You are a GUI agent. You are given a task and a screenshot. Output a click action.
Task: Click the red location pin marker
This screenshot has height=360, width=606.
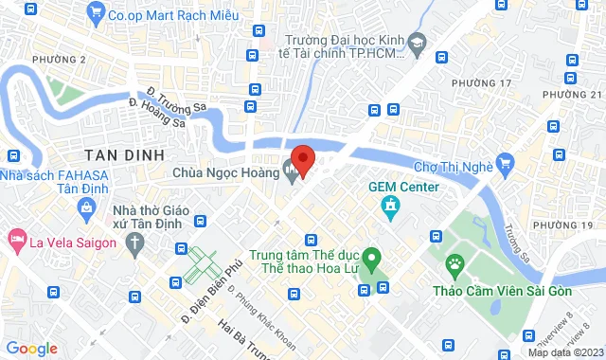302,159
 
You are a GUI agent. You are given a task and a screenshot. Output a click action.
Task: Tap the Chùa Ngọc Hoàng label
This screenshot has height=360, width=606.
224,172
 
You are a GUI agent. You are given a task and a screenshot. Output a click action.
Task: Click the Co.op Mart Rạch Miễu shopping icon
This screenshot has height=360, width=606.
95,13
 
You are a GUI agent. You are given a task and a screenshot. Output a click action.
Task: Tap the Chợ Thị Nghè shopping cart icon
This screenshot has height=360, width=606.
506,167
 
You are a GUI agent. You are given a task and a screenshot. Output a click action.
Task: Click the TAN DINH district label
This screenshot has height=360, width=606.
124,154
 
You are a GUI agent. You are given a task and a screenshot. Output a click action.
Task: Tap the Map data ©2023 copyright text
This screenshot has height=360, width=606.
564,352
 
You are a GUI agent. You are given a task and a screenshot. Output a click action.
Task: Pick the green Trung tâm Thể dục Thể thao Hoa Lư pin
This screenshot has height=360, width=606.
372,256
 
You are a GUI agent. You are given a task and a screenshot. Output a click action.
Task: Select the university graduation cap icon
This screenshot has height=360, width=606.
419,42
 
